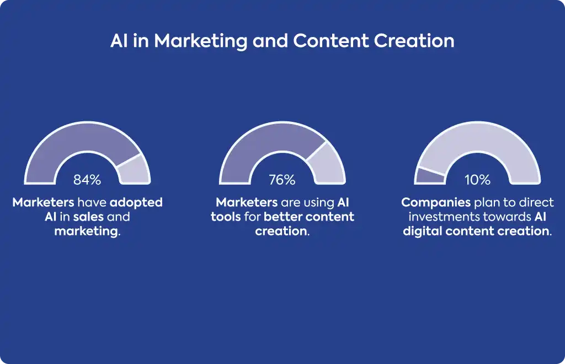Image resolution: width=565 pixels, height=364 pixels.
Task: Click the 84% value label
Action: (x=87, y=180)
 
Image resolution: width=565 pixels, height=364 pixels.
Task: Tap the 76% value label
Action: (x=282, y=180)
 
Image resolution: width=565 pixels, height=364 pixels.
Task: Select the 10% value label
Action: (x=477, y=180)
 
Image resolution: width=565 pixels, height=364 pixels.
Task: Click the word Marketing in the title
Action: (x=201, y=41)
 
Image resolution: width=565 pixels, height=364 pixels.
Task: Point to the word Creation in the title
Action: (x=414, y=41)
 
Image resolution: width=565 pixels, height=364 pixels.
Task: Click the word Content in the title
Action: (x=331, y=41)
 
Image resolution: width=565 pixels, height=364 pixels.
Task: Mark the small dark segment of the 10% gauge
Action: (x=429, y=176)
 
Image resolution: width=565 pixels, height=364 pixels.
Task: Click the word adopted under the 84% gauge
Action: (x=136, y=203)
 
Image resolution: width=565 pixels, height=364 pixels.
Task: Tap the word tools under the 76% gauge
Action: (x=226, y=217)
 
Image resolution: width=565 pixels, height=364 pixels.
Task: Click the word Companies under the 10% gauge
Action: (x=436, y=203)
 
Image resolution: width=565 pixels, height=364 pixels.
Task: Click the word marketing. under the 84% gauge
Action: (x=88, y=232)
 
